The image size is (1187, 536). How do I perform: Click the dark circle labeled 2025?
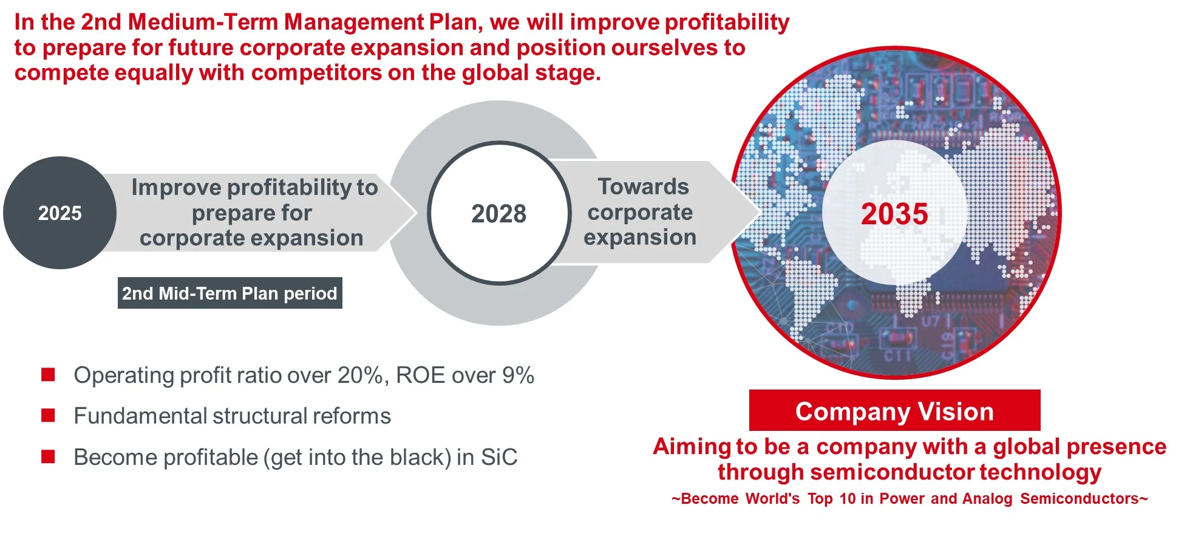[x=60, y=213]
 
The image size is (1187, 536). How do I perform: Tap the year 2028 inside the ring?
[x=498, y=214]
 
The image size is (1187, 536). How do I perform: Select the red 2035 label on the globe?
[x=894, y=214]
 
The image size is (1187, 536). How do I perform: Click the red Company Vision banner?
[x=894, y=411]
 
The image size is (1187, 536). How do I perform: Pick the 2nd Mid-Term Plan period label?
[x=230, y=294]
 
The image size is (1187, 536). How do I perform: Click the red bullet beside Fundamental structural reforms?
[x=48, y=416]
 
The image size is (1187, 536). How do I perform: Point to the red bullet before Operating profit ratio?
[x=48, y=375]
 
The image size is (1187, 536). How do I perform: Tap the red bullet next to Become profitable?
[x=48, y=457]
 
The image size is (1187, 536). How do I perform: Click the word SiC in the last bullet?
[x=499, y=457]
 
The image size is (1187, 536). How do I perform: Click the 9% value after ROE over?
[x=518, y=376]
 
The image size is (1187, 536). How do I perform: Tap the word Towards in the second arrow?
[x=643, y=187]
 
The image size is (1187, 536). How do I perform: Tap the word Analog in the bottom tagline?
[x=987, y=499]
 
